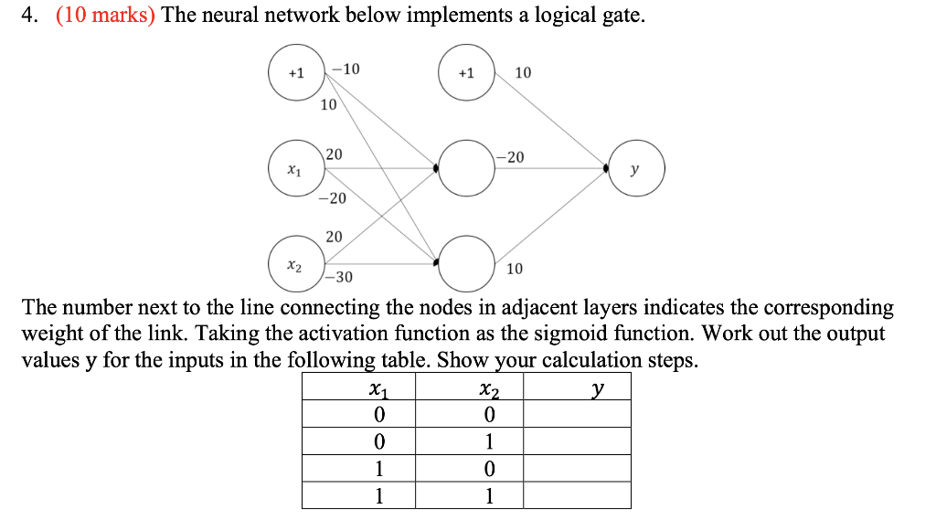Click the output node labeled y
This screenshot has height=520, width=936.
click(637, 168)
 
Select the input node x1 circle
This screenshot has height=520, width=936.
click(292, 169)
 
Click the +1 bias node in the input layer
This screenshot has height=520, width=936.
click(295, 73)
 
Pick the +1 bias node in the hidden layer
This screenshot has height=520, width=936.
click(466, 73)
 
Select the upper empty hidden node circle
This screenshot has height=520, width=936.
click(466, 168)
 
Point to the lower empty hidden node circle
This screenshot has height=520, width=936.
click(466, 262)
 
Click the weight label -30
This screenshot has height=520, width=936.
click(338, 277)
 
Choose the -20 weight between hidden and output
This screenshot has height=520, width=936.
click(511, 157)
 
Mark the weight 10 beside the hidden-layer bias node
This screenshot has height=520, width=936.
click(523, 72)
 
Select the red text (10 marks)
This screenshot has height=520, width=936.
click(104, 16)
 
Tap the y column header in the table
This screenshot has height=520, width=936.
click(596, 389)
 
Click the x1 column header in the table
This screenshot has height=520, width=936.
click(377, 389)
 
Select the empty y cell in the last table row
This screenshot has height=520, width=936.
click(577, 496)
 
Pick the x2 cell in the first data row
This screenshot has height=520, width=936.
click(488, 415)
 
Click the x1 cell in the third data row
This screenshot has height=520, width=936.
click(378, 469)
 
